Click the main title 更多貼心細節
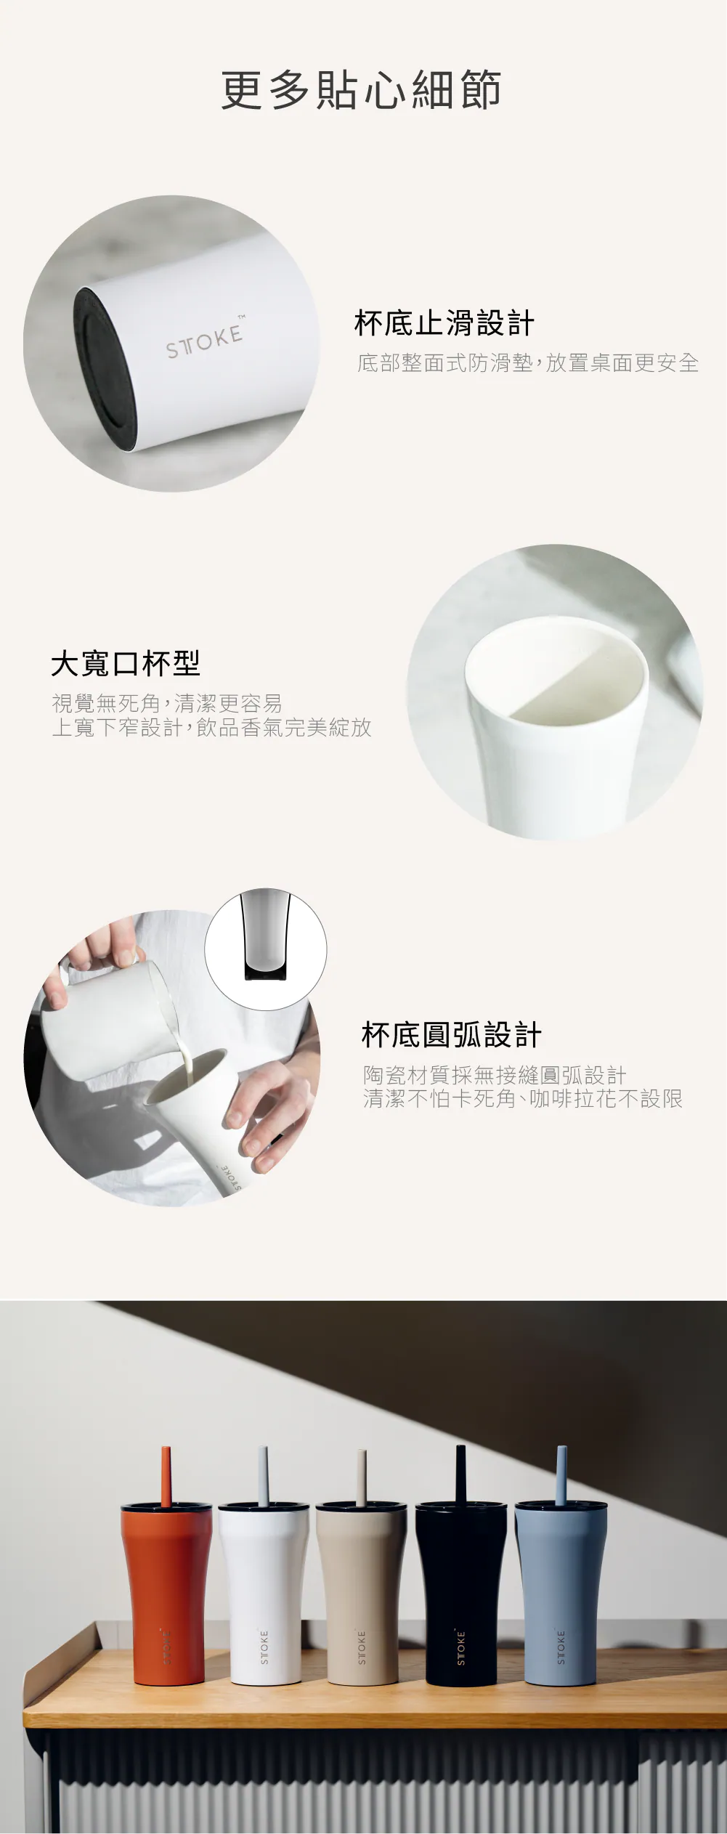click(x=361, y=90)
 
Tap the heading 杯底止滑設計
click(x=444, y=323)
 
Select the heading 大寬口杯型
click(x=126, y=662)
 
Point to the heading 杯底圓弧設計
click(x=452, y=1035)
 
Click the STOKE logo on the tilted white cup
click(x=205, y=341)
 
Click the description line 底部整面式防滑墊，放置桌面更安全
click(x=528, y=362)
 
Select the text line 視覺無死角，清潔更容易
click(x=167, y=703)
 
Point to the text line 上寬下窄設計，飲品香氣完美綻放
click(x=211, y=727)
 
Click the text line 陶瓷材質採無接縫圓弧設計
click(x=495, y=1075)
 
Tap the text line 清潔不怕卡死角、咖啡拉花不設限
click(x=523, y=1098)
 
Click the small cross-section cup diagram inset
click(x=266, y=949)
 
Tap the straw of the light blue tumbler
click(x=561, y=1474)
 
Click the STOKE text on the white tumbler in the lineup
click(x=264, y=1647)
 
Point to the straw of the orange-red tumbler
click(x=166, y=1476)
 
